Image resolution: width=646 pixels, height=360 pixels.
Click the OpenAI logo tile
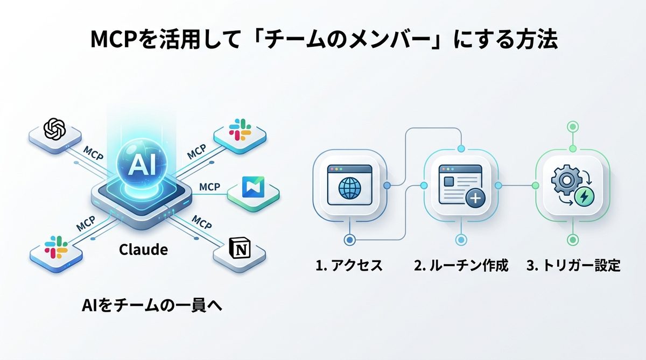point(54,129)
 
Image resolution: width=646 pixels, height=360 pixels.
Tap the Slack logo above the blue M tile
point(240,131)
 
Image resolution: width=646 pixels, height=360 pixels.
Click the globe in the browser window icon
point(350,188)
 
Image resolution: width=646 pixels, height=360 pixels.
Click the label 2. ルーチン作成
point(461,266)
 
